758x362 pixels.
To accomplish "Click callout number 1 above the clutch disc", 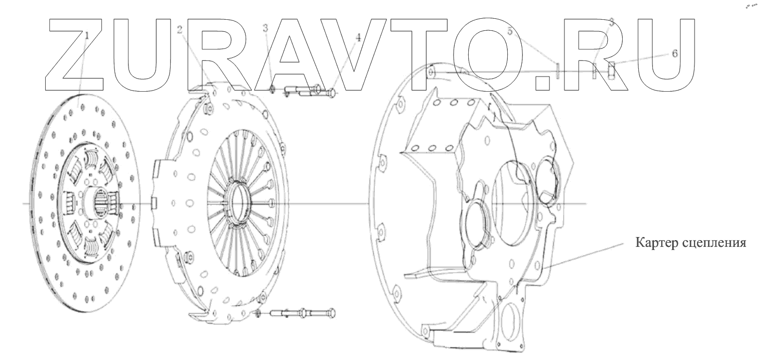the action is [87, 35].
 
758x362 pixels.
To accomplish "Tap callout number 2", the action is [179, 29].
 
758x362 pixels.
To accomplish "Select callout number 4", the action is [358, 38].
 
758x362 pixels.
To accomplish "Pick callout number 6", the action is [674, 54].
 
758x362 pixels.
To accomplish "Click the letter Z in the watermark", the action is [74, 55].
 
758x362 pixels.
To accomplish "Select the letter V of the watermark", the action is [353, 55].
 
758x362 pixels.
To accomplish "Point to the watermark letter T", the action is [417, 55].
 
